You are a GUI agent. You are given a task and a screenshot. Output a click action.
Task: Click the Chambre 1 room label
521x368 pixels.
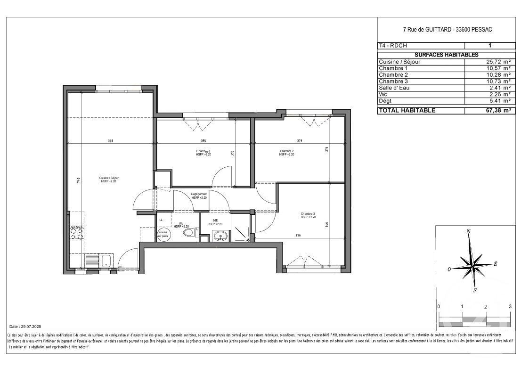point(203,151)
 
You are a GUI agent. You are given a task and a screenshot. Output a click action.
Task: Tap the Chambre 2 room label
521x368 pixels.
point(286,151)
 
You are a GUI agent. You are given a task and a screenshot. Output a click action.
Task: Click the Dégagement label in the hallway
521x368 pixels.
point(199,194)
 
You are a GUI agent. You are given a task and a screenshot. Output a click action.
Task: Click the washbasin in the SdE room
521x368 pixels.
point(219,236)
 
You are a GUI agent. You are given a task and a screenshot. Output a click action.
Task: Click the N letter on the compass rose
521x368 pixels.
point(469,231)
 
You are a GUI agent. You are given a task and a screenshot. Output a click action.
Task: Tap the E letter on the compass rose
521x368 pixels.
point(496,264)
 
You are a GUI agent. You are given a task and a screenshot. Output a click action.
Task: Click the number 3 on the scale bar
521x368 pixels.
point(510,306)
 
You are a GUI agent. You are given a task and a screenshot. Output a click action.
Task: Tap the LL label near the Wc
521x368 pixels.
point(161,220)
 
